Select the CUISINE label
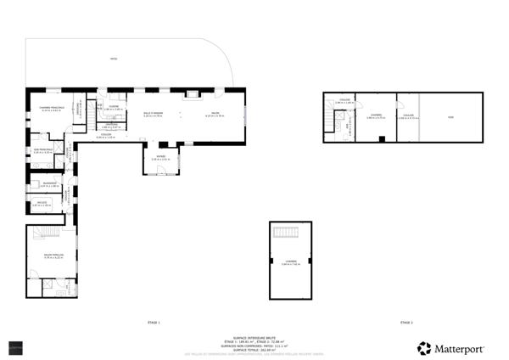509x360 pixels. point(113,107)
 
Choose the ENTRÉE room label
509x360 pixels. point(161,157)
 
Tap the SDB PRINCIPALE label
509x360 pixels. point(43,150)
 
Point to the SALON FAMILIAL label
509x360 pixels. point(54,254)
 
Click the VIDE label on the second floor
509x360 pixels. point(450,115)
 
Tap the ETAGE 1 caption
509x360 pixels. point(154,323)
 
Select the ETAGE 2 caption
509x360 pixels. point(406,323)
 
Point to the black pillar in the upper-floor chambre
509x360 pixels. point(383,138)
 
